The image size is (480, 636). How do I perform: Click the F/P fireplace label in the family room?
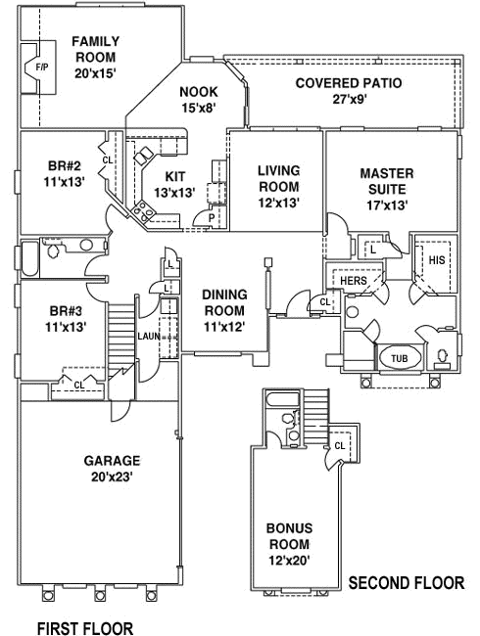(x=41, y=67)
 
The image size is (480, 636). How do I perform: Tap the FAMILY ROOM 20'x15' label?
(x=96, y=57)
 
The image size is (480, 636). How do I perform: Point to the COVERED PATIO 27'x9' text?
(x=348, y=90)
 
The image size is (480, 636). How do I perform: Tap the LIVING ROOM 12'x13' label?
(x=278, y=186)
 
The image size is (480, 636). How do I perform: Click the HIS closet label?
(x=436, y=260)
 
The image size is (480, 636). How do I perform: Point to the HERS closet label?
(x=354, y=280)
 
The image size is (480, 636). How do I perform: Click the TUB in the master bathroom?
(x=399, y=358)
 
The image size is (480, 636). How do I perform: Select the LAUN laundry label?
(x=149, y=336)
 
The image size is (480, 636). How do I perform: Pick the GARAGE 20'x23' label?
(x=113, y=468)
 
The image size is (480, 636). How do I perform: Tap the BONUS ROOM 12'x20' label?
(x=289, y=544)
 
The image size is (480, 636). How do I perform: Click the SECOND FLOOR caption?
(x=406, y=583)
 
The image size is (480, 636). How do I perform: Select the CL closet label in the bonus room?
(x=339, y=445)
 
